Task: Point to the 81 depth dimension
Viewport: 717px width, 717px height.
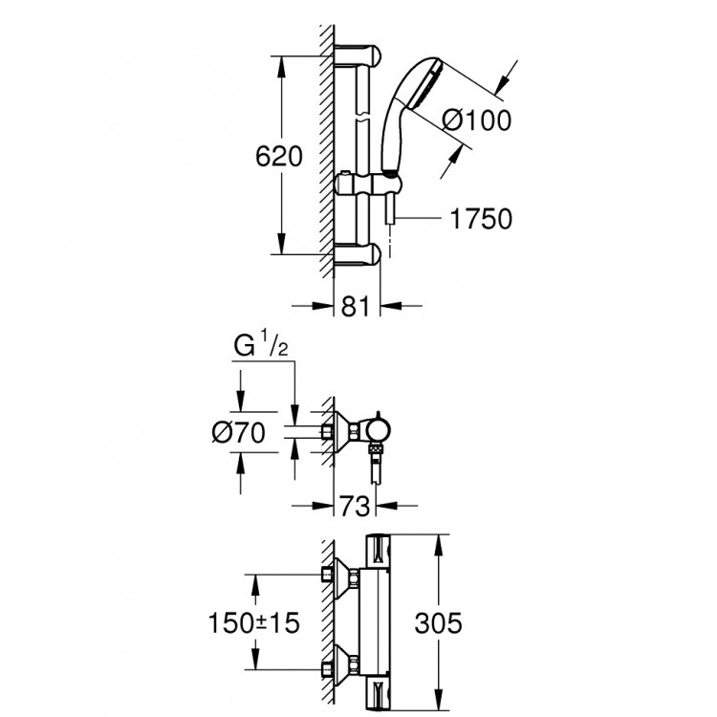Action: click(x=356, y=308)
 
